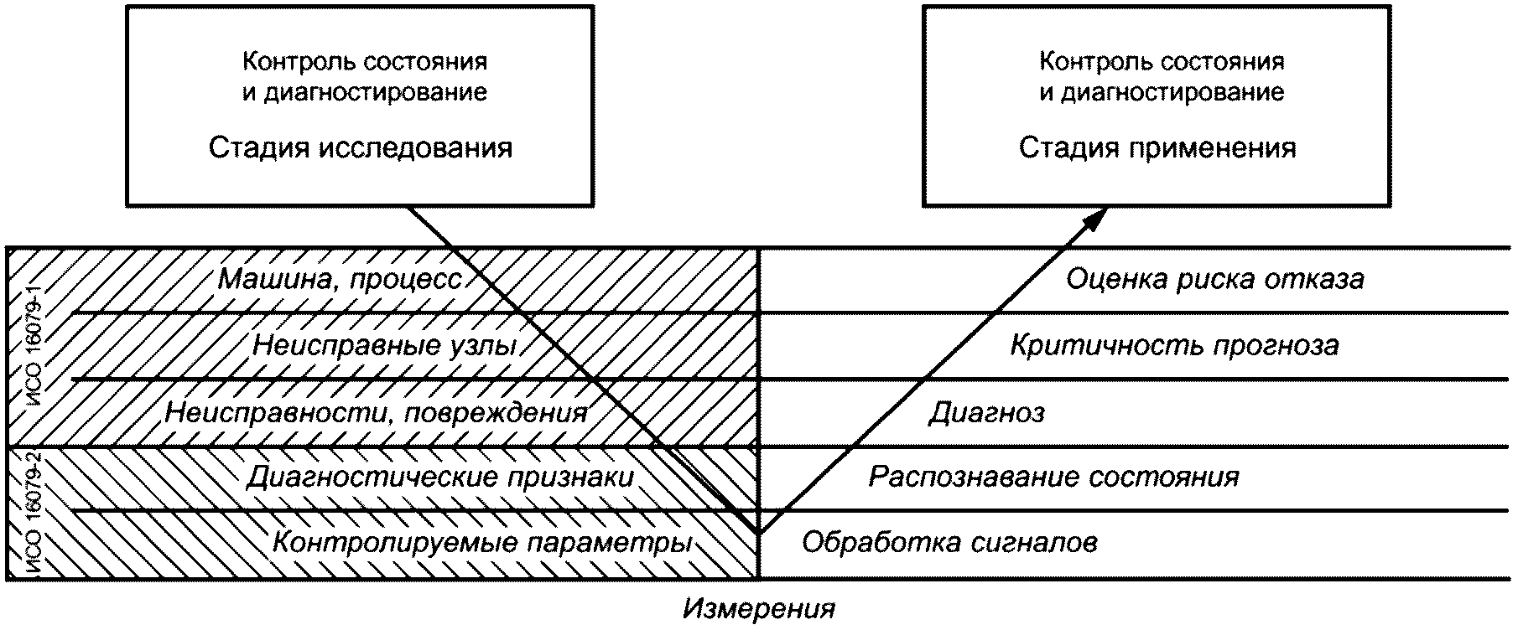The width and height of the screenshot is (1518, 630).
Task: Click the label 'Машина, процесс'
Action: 340,279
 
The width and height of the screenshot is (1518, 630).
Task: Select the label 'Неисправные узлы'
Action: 384,345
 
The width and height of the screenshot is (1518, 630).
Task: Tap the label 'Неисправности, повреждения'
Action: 376,412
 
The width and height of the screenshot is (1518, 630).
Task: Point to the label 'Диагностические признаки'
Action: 440,478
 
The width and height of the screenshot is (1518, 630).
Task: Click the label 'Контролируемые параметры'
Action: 482,543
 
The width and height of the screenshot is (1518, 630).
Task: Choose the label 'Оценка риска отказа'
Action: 1214,279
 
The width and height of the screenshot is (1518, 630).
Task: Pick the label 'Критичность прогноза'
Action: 1174,345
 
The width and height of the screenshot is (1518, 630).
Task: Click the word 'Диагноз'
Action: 986,412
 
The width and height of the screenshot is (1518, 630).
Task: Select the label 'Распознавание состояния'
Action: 1053,478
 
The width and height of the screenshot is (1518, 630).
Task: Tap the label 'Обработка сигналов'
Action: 949,543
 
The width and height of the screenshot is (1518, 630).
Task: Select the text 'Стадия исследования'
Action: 361,148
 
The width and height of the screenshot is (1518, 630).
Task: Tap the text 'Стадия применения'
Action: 1157,148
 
